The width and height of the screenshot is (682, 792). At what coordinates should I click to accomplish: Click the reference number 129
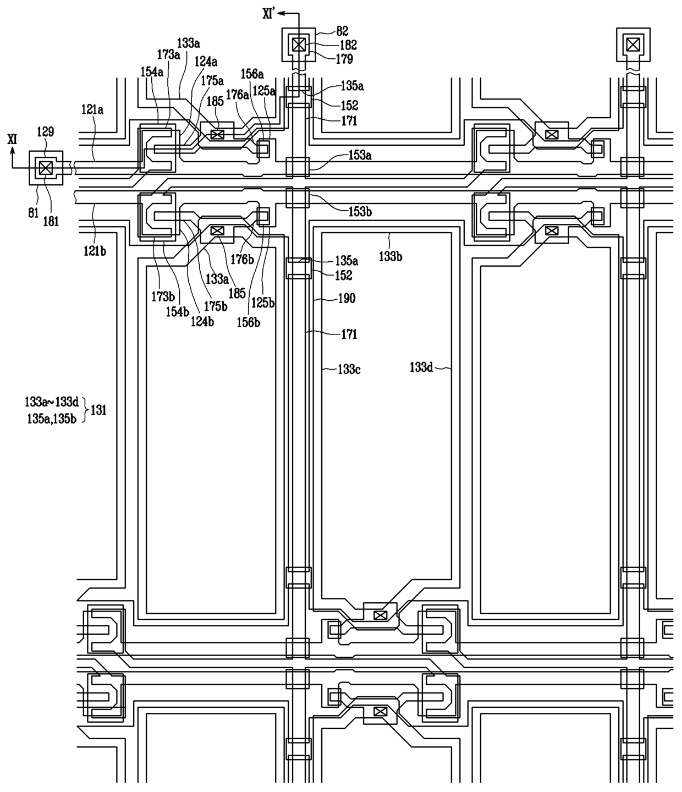point(45,132)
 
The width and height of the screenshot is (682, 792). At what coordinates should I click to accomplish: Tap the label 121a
point(92,110)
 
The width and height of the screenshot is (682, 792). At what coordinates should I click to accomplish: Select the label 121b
point(95,251)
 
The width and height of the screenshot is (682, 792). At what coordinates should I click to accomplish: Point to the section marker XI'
point(269,14)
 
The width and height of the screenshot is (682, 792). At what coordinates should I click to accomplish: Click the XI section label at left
point(12,140)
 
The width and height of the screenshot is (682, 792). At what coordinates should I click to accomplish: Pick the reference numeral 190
point(346,299)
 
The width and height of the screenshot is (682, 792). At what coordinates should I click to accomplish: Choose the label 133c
point(349,370)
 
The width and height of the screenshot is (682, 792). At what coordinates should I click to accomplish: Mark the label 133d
point(421,368)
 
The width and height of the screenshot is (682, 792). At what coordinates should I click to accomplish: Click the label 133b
point(391,257)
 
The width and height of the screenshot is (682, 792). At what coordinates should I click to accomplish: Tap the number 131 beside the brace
point(98,411)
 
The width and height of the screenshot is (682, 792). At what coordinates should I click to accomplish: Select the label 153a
point(360,156)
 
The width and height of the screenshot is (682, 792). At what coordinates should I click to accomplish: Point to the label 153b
point(360,212)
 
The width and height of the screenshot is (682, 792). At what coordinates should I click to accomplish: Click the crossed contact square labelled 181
point(46,167)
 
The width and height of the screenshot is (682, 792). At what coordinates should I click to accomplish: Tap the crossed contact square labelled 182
point(299,45)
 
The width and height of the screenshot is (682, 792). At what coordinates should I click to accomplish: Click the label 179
point(344,59)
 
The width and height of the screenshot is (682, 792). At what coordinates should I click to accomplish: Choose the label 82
point(342,31)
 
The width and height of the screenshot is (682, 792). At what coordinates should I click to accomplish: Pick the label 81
point(34,213)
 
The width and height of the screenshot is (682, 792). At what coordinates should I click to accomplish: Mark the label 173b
point(163,296)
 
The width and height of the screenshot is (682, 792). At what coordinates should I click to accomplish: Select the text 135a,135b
point(52,419)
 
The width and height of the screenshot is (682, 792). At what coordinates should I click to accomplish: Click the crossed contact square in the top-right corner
point(633,45)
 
